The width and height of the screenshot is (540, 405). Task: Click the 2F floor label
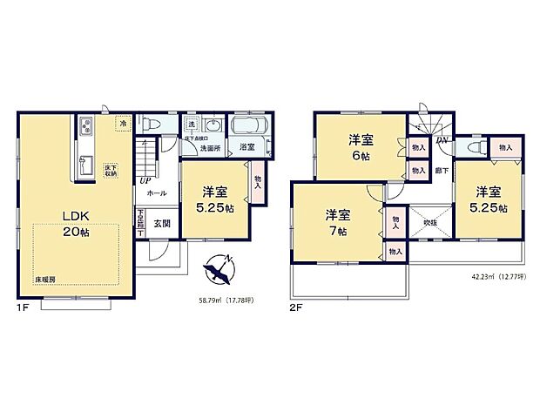click(296, 307)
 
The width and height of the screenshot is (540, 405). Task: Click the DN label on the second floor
click(442, 140)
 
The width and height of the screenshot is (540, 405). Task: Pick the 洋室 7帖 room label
click(338, 222)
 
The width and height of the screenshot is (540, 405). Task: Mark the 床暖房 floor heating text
click(47, 280)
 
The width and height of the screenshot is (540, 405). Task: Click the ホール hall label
click(157, 193)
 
